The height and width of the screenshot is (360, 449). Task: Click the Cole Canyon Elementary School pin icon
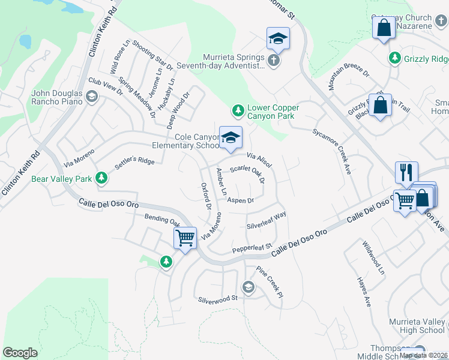pyautogui.click(x=231, y=138)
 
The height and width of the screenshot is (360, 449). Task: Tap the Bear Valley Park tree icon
pyautogui.click(x=101, y=178)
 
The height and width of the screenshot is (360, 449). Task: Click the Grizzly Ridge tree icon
pyautogui.click(x=395, y=58)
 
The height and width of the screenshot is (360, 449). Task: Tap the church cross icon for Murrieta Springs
pyautogui.click(x=273, y=61)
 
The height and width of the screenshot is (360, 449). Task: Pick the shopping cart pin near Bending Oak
pyautogui.click(x=185, y=238)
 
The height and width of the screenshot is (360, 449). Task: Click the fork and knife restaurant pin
pyautogui.click(x=406, y=172)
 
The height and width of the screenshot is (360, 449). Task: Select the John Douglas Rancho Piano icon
pyautogui.click(x=91, y=97)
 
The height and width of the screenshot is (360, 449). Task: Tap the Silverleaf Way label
pyautogui.click(x=267, y=221)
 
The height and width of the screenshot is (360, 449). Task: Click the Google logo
pyautogui.click(x=20, y=353)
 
